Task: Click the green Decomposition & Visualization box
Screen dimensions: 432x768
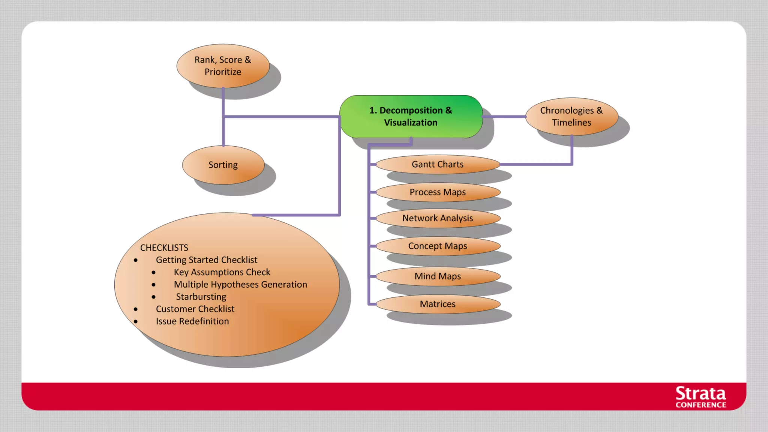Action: coord(411,116)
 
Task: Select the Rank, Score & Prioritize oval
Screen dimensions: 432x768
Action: coord(223,66)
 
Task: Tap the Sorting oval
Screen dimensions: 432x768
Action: coord(223,165)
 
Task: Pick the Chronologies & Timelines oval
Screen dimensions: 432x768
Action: coord(571,116)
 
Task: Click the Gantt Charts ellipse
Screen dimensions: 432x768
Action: coord(438,164)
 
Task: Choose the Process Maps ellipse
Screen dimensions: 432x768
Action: coord(438,192)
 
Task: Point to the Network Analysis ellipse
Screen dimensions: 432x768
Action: coord(438,218)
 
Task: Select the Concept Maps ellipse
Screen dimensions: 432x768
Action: coord(438,246)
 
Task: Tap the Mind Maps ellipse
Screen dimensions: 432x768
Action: coord(438,276)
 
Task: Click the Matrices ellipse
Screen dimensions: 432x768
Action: coord(438,304)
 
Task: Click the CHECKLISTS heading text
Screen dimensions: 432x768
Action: coord(164,248)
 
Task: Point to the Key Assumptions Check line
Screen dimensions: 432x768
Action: coord(222,272)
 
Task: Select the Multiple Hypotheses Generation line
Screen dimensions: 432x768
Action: coord(240,285)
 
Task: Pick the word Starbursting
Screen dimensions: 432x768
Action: coord(201,297)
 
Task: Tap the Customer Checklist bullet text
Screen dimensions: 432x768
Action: coord(195,309)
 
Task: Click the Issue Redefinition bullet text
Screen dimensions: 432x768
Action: coord(192,321)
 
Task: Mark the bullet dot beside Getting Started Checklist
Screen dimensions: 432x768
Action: coord(136,260)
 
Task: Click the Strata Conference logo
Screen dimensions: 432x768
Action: coord(700,397)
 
